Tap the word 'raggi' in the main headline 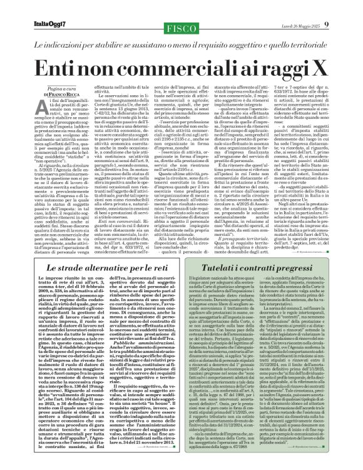click(285, 68)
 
